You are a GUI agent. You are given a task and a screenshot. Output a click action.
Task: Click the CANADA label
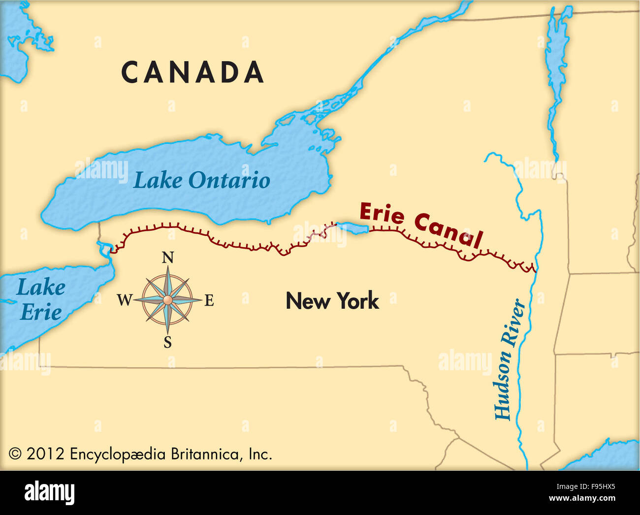(x=192, y=72)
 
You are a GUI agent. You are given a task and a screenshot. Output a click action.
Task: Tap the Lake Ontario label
(x=201, y=180)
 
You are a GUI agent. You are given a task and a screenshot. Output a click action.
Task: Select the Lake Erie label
(x=40, y=299)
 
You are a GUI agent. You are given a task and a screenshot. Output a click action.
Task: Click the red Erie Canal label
(x=420, y=225)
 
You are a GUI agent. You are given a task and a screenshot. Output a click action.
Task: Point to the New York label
(x=332, y=301)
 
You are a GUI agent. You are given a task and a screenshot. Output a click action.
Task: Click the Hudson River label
(x=509, y=359)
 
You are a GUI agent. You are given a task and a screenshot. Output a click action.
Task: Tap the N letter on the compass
(x=168, y=257)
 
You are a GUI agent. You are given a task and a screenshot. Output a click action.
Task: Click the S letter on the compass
(x=167, y=343)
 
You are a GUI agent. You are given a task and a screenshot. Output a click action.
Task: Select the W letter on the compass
(x=125, y=299)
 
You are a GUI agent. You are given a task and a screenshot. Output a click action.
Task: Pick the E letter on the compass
(x=209, y=300)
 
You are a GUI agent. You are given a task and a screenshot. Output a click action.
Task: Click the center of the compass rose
(x=167, y=300)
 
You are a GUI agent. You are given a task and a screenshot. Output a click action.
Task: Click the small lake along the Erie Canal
(x=352, y=228)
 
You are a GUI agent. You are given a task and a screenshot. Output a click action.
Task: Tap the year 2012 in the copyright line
(x=45, y=453)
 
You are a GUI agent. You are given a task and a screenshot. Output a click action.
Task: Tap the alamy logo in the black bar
(x=50, y=492)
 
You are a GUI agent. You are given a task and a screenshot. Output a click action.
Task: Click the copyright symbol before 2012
(x=15, y=453)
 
